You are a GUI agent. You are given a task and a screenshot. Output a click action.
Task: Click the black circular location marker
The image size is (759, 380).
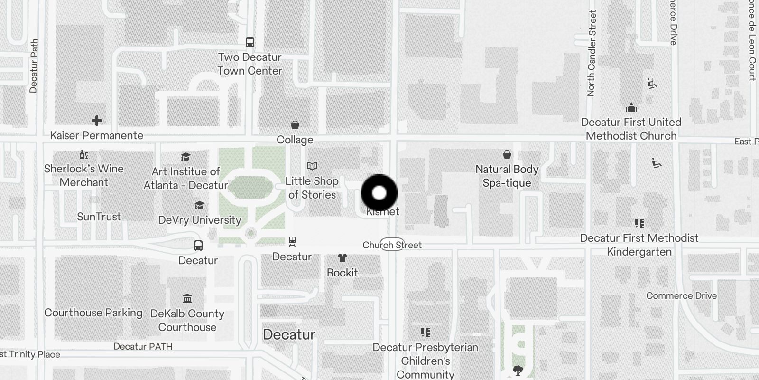[379, 193]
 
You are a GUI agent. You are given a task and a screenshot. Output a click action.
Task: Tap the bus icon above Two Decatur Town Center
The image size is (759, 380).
[250, 42]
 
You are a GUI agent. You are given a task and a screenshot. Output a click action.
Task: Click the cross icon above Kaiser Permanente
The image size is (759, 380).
[97, 121]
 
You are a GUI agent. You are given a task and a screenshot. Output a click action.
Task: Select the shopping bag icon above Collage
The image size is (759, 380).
[295, 125]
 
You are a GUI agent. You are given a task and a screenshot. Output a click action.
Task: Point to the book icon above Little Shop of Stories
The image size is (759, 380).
[312, 166]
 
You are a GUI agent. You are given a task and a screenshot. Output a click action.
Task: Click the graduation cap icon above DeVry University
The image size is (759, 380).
[200, 205]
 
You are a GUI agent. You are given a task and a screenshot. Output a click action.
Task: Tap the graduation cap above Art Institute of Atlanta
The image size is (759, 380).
[186, 157]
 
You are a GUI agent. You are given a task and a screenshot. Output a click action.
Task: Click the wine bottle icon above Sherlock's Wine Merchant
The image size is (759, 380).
[84, 154]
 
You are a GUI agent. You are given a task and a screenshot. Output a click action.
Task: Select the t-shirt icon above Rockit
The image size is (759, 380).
[342, 258]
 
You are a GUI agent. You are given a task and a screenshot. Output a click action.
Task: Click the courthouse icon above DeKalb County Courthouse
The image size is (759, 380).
[187, 299]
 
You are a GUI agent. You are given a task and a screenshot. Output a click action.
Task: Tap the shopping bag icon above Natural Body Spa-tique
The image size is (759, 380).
[507, 154]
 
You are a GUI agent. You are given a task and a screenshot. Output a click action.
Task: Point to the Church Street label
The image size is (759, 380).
[392, 245]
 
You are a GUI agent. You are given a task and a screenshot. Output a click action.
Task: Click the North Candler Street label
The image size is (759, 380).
[592, 53]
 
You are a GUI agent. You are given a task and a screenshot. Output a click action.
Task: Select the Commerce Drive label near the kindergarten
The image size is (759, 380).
[681, 295]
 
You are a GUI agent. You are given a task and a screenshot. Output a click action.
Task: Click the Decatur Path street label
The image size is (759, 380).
[33, 66]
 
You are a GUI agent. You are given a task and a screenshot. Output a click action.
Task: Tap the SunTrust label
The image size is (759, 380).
[99, 217]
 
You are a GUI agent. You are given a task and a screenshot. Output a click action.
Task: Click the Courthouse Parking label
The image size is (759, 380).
[93, 313]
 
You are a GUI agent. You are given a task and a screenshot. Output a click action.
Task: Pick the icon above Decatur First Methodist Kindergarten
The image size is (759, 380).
[639, 223]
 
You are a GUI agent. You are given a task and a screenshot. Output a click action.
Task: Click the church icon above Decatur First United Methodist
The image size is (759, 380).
[631, 107]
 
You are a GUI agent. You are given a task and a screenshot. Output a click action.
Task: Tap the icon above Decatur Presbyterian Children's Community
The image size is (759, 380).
[426, 332]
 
